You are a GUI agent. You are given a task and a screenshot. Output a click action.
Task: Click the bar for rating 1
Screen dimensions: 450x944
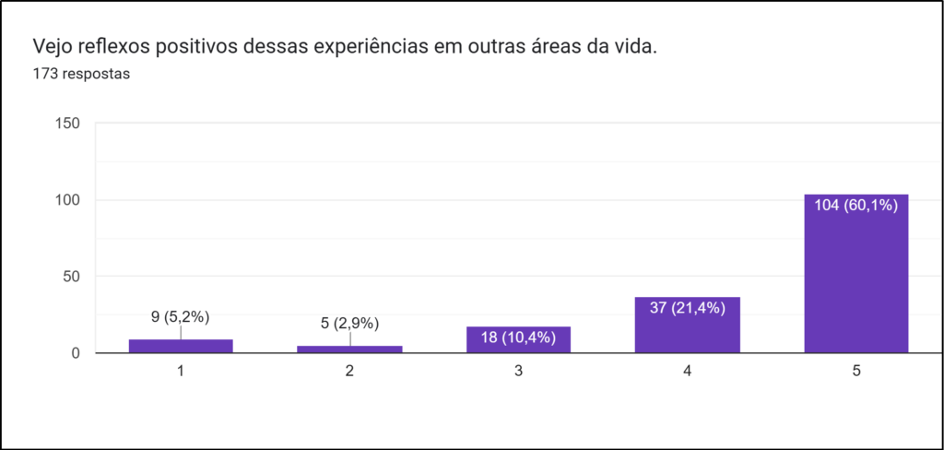[181, 346]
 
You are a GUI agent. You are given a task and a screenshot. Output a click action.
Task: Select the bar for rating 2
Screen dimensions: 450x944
[349, 349]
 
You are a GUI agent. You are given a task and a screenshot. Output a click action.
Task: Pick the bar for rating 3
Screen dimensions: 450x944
[518, 340]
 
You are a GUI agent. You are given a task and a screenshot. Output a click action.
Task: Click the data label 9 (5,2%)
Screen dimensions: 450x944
[181, 316]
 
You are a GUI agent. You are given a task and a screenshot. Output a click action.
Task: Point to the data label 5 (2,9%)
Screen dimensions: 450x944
[349, 324]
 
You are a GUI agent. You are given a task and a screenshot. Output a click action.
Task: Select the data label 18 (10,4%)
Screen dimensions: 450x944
[518, 337]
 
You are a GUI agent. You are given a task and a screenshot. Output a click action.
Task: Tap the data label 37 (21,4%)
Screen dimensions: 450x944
[688, 308]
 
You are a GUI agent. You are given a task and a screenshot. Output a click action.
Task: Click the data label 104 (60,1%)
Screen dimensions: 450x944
[856, 206]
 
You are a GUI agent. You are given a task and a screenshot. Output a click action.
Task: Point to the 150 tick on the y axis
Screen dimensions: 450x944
[67, 124]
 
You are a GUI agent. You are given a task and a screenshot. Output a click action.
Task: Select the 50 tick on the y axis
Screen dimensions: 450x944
[71, 277]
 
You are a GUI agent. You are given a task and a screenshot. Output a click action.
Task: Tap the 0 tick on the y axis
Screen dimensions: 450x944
[76, 353]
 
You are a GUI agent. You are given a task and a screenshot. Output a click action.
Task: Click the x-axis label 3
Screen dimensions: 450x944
[518, 371]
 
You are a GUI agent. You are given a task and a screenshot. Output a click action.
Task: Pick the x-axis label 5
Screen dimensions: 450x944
[856, 371]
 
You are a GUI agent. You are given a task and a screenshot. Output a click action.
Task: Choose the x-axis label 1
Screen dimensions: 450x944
[181, 371]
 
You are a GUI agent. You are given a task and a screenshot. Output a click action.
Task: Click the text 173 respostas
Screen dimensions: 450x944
[81, 75]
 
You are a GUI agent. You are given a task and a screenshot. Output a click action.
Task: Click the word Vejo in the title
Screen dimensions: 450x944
[53, 46]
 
